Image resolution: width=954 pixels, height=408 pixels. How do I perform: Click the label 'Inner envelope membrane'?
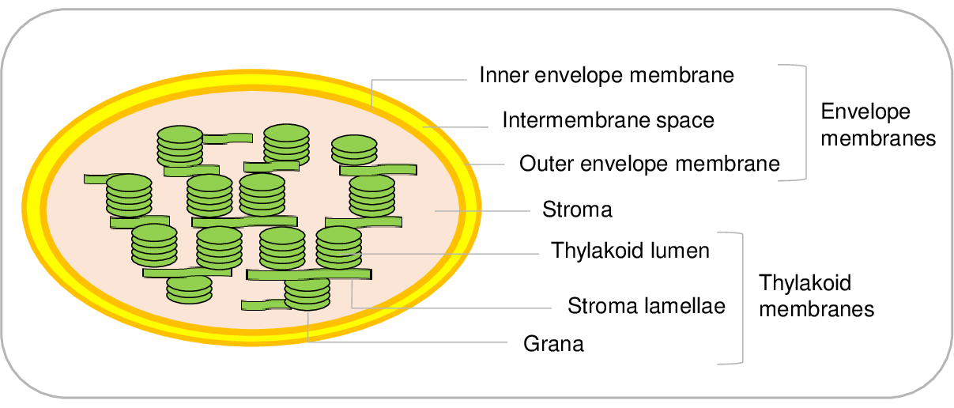pos(606,75)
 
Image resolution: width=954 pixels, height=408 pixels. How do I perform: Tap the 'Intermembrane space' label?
pos(608,120)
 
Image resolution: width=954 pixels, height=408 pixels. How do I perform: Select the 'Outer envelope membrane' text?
pos(649,164)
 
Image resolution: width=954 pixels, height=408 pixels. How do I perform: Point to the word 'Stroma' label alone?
pos(577,210)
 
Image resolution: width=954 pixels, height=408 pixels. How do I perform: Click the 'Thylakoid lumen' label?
pos(630,251)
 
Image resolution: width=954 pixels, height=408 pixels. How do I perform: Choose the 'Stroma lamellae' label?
pos(646,305)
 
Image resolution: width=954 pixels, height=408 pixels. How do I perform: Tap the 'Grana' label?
pos(553,344)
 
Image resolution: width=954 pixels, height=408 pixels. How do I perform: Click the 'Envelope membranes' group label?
pos(877,125)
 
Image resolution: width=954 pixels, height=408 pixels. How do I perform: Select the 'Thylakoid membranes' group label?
pos(816,295)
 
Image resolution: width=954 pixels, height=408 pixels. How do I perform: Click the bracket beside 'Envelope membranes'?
pos(805,123)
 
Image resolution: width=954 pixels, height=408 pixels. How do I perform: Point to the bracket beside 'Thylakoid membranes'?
pos(741,298)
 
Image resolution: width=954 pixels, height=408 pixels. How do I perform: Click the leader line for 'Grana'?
pos(411,342)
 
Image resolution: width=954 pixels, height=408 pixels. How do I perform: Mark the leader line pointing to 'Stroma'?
pos(482,210)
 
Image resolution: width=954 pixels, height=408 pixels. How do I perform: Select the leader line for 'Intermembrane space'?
pos(458,127)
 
